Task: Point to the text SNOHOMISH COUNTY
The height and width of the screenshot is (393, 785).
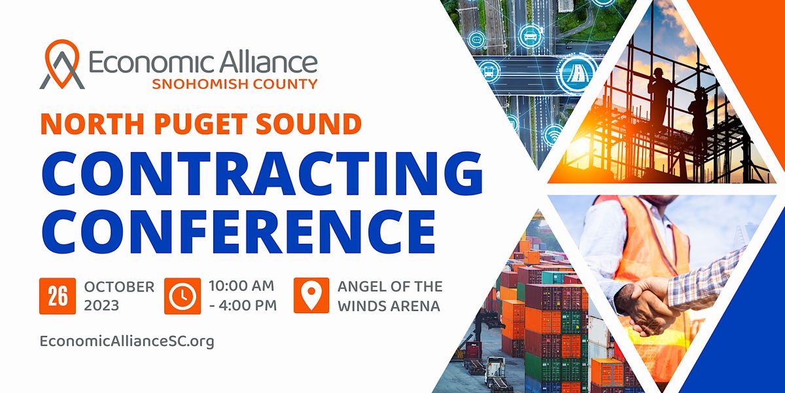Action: tap(235, 84)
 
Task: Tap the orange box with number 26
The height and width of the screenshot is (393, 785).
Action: tap(58, 296)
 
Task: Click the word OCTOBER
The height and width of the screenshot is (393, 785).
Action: tap(119, 287)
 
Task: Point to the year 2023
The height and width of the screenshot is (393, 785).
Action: tap(101, 306)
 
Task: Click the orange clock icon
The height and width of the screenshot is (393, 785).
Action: tap(183, 296)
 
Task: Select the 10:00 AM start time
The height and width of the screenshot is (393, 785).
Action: tap(241, 286)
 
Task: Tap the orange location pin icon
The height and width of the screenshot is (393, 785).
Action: tap(311, 295)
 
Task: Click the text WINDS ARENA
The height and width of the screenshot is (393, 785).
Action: tap(389, 307)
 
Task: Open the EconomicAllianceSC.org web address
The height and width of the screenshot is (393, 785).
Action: tap(127, 341)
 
